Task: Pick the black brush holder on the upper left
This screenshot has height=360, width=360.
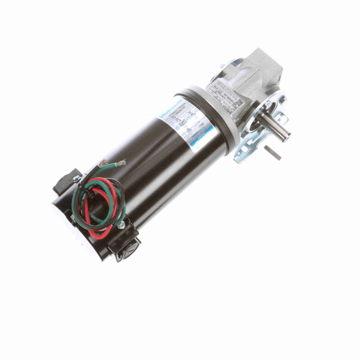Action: (x=66, y=181)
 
